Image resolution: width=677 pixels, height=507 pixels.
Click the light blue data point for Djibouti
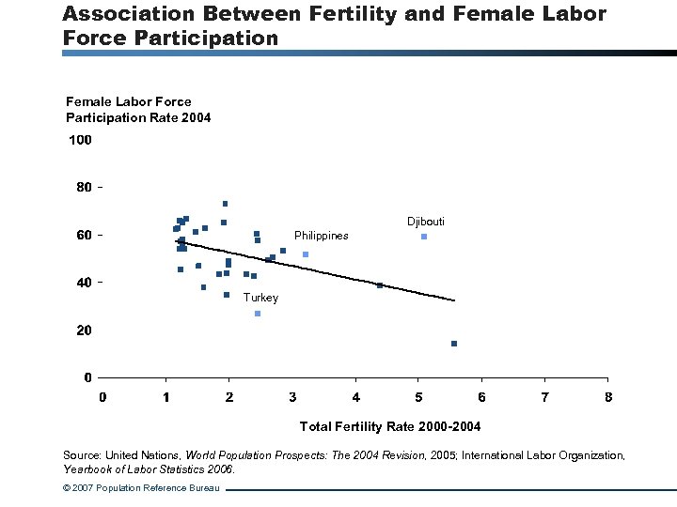[x=424, y=237]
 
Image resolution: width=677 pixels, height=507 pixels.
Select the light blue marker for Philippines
[x=306, y=254]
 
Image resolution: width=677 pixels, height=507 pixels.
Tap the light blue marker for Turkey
[x=258, y=314]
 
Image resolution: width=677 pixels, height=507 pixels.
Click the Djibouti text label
[x=426, y=222]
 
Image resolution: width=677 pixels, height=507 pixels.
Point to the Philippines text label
[x=321, y=236]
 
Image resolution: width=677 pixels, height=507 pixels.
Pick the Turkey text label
[x=260, y=298]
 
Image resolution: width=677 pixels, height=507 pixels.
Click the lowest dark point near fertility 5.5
[x=454, y=344]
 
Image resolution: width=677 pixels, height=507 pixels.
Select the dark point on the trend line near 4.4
[x=380, y=285]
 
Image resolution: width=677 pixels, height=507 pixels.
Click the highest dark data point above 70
[x=226, y=204]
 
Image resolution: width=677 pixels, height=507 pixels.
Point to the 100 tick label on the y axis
[x=80, y=141]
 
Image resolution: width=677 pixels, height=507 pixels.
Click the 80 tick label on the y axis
[x=84, y=188]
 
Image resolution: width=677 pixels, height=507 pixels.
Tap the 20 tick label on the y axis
[x=84, y=330]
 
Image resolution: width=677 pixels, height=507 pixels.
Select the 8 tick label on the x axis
[x=608, y=396]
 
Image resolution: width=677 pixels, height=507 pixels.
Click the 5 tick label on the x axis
[x=419, y=396]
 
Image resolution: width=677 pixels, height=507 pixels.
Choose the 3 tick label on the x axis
[x=292, y=396]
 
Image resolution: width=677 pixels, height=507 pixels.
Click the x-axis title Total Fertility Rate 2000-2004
[x=389, y=427]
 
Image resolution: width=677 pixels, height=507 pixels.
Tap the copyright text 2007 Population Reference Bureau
[x=141, y=489]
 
